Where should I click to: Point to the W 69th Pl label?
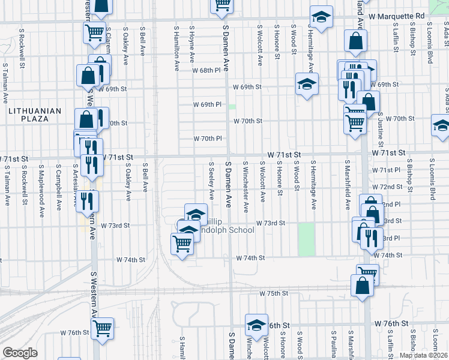[x=208, y=104]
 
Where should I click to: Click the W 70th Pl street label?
[x=208, y=139]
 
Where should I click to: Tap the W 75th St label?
[x=274, y=293]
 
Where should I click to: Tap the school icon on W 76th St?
[x=256, y=325]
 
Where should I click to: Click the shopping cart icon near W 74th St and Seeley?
[x=182, y=244]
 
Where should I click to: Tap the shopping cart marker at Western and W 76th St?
[x=103, y=328]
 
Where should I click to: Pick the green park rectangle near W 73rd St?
[x=306, y=238]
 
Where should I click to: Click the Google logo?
[x=20, y=353]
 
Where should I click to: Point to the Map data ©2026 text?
[x=423, y=355]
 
